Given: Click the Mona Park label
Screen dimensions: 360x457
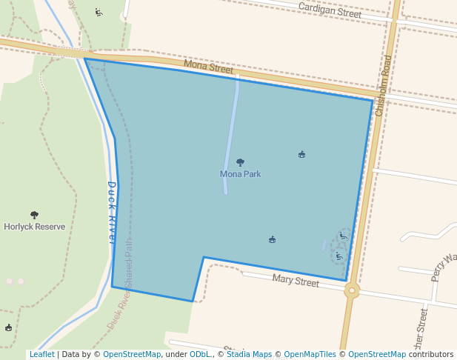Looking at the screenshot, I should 240,174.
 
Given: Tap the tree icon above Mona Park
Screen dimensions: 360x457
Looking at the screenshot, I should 240,162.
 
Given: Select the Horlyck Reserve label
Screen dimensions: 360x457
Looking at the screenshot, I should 34,227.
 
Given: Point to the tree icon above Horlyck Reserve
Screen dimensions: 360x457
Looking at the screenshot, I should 34,215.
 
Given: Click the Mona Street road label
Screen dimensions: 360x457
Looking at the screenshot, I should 208,67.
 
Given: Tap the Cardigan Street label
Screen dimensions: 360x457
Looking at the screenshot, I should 330,10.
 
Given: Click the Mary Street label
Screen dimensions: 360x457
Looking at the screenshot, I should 296,280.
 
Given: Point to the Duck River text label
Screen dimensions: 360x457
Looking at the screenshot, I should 113,213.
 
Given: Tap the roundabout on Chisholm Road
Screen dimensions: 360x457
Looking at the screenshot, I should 351,290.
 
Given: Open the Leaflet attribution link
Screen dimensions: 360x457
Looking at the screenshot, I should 41,355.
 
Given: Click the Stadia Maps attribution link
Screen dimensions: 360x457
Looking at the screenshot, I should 248,355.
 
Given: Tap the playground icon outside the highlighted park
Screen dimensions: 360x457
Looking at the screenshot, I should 99,12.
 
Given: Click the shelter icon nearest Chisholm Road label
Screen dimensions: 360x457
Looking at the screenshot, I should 301,155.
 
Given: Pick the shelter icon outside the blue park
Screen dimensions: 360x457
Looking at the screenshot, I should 9,327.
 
